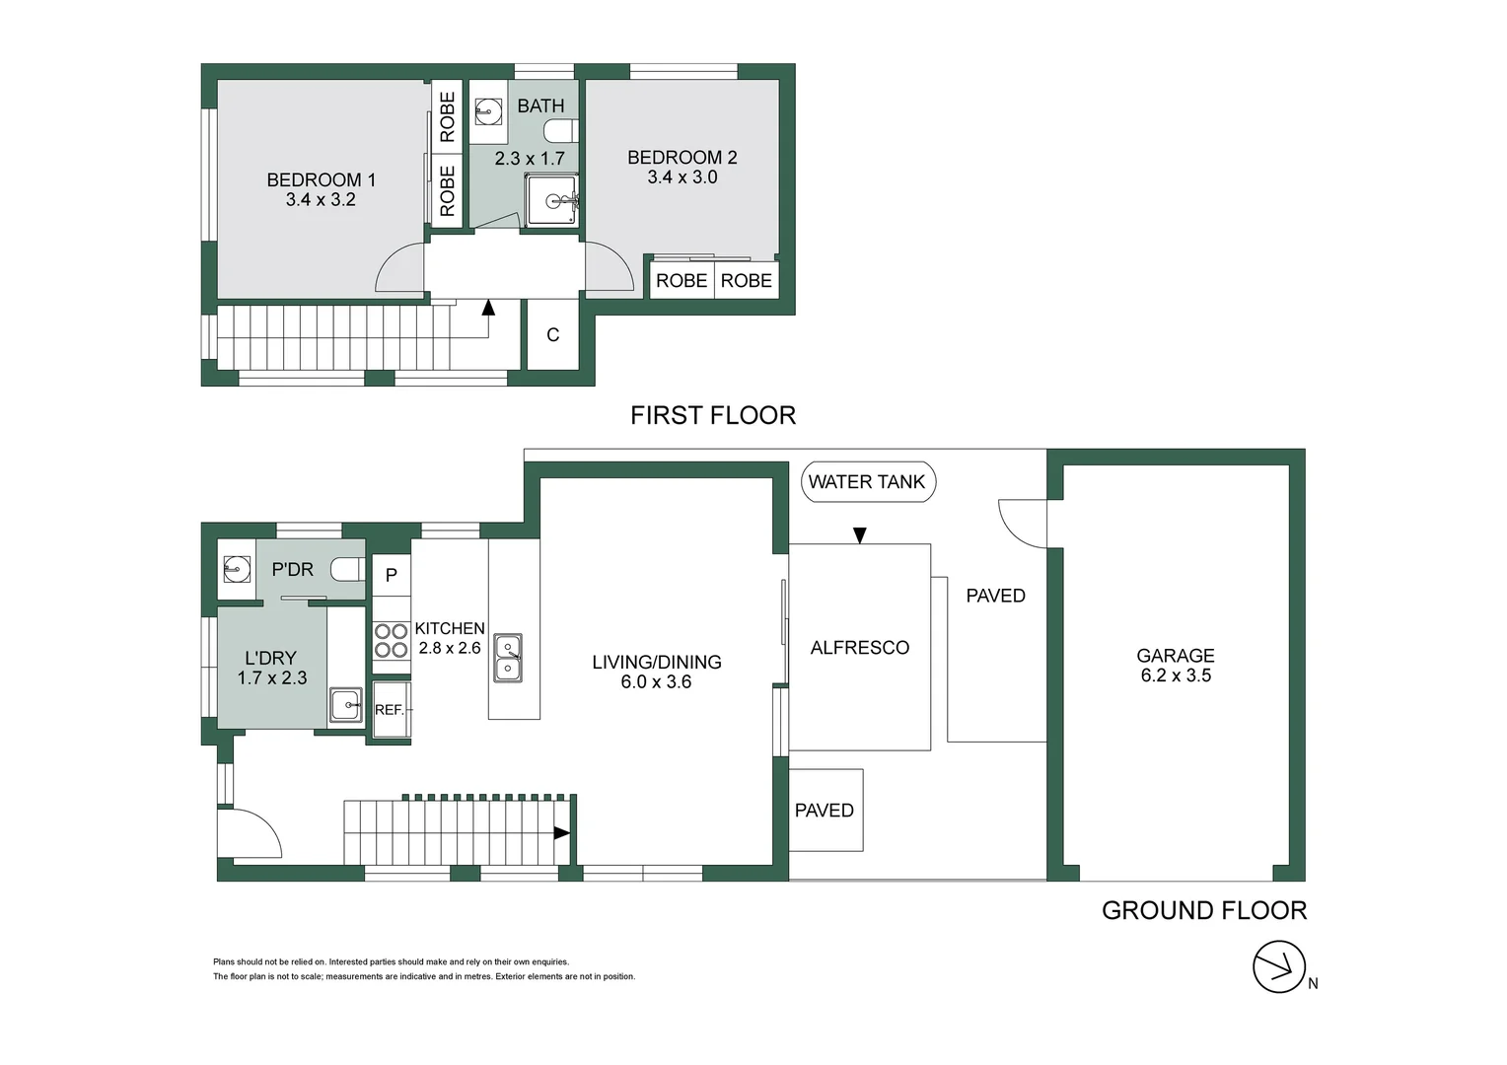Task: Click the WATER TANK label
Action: click(867, 482)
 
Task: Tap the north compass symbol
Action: click(1279, 967)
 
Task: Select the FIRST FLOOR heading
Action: click(712, 415)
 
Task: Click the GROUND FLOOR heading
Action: click(1203, 910)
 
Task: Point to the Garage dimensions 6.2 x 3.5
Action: click(1176, 675)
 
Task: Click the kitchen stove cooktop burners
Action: click(391, 641)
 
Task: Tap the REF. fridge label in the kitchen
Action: click(390, 710)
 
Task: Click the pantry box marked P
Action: click(391, 575)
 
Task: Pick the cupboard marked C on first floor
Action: click(553, 335)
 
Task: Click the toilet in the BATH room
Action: click(560, 131)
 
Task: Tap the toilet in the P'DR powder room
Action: click(347, 569)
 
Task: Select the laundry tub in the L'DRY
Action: click(345, 705)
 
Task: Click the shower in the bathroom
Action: click(551, 201)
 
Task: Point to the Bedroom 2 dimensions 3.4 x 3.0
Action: click(682, 177)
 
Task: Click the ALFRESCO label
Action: click(859, 648)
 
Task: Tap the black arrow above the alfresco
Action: click(859, 535)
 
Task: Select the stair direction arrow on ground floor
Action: click(561, 833)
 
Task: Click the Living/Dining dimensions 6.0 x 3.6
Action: click(656, 682)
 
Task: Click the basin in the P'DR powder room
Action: click(237, 569)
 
